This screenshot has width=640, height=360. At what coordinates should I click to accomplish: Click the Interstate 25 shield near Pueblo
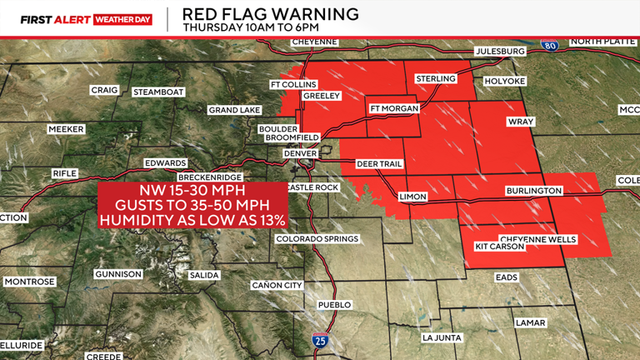point(320,340)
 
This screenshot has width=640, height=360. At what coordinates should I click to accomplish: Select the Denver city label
point(301,154)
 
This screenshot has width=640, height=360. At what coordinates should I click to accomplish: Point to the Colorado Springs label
point(317,239)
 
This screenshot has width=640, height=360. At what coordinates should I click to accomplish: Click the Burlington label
point(534,192)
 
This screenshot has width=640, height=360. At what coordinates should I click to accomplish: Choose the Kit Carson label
point(499,247)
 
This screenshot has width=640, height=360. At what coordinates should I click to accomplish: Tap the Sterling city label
point(434,78)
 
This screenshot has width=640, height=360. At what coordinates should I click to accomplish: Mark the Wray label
point(519,122)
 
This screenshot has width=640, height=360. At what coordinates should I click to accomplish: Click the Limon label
point(413,197)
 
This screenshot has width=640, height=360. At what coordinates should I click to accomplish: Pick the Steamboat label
point(157,92)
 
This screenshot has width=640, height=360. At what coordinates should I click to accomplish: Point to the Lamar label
point(530,322)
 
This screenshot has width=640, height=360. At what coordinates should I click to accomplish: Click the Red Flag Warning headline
point(271,14)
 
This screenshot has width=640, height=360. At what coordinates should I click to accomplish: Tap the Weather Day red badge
point(124,17)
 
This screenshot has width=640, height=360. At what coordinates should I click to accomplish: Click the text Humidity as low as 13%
point(192,221)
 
